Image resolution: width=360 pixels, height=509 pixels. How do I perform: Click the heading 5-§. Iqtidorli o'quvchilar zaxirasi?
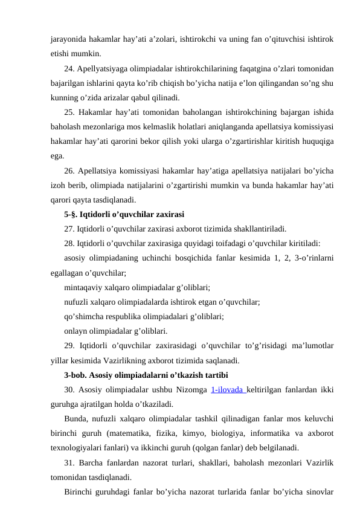[x=124, y=214]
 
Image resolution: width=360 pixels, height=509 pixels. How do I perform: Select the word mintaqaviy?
[x=84, y=288]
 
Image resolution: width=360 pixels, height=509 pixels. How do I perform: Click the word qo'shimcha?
[x=85, y=317]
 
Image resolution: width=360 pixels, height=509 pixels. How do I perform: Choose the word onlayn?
[x=76, y=331]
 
